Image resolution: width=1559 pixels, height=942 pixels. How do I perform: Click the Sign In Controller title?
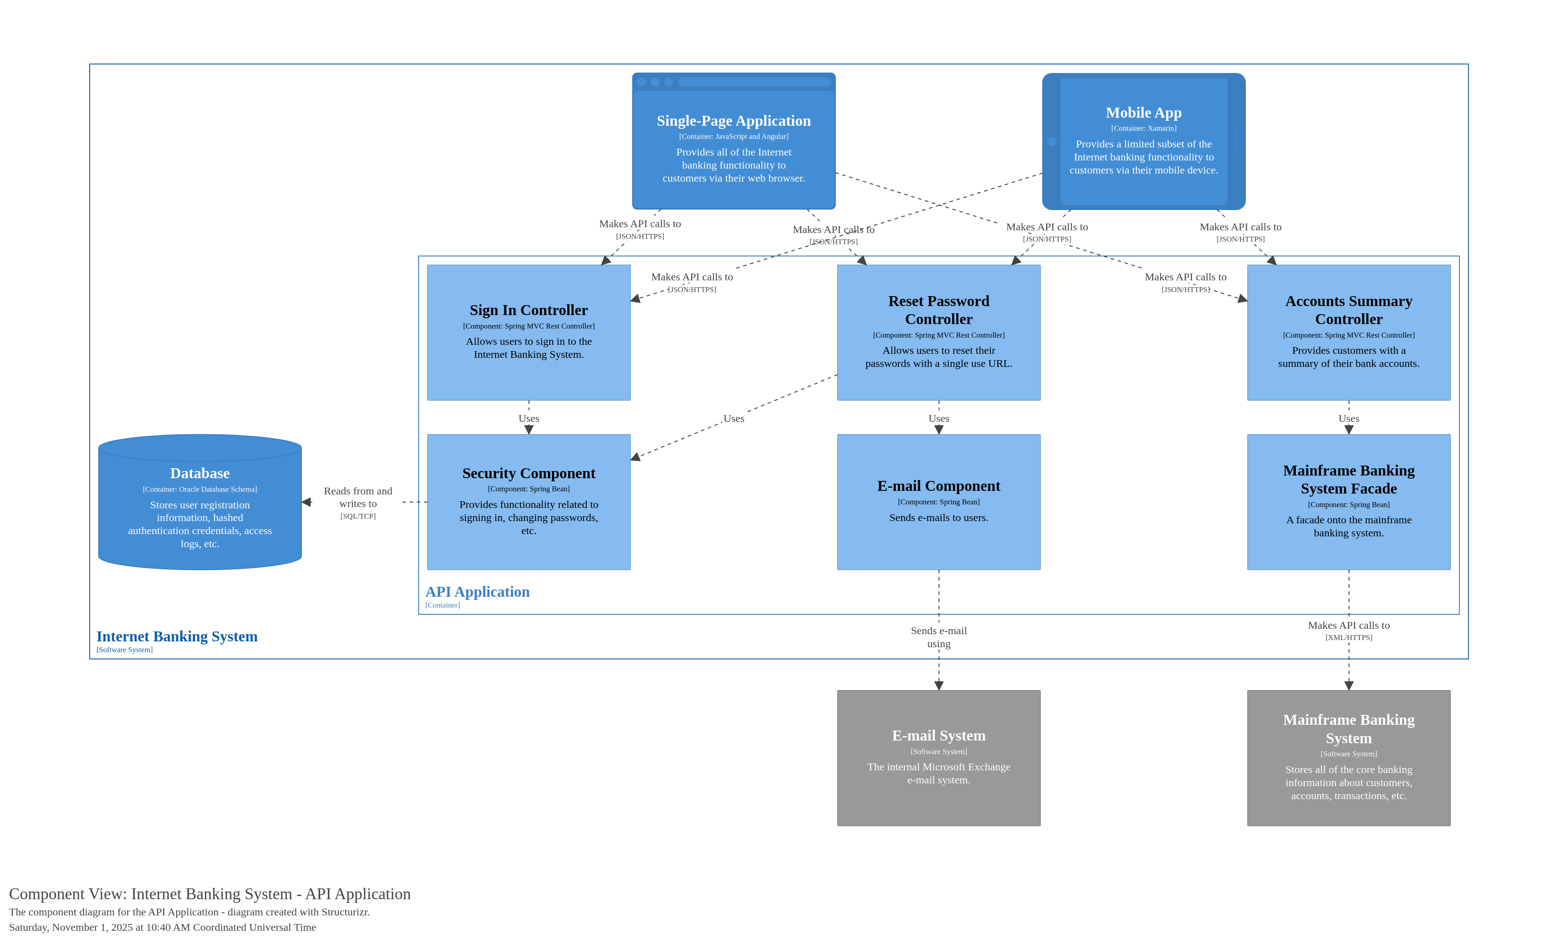click(529, 310)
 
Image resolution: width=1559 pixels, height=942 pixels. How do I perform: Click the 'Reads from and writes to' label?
click(358, 497)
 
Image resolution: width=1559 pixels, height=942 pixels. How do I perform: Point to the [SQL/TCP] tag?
click(358, 516)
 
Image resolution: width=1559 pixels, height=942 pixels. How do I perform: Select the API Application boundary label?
click(477, 591)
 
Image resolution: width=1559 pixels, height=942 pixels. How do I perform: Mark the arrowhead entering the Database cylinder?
click(306, 502)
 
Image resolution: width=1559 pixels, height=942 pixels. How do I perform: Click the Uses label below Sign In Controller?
click(529, 418)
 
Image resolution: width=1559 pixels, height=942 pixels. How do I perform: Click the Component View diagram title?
click(210, 893)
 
